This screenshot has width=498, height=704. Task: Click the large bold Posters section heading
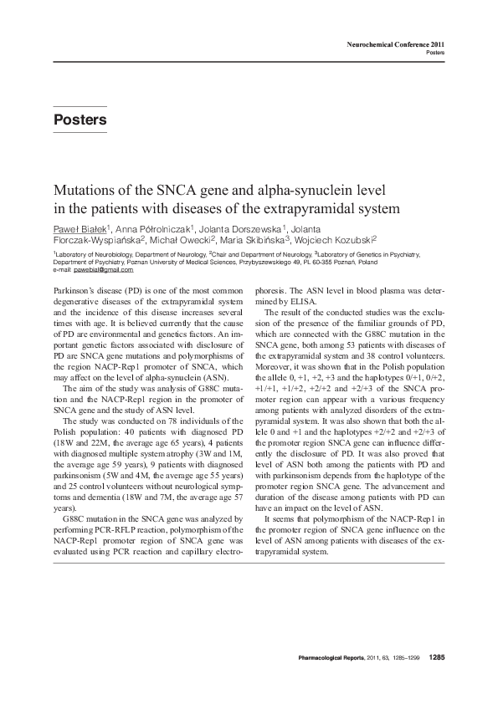(x=80, y=120)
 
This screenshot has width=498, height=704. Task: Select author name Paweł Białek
(x=77, y=230)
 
